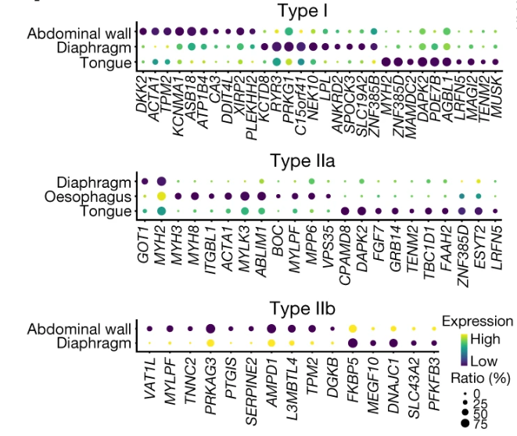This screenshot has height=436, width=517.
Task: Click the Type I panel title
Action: pos(303,10)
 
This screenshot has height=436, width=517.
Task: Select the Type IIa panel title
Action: pos(303,161)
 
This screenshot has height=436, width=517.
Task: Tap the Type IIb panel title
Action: pos(303,309)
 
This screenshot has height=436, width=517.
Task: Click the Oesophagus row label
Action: pos(88,197)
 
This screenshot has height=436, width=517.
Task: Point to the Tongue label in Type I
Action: pos(106,63)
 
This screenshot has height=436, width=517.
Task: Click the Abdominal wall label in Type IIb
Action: pos(79,329)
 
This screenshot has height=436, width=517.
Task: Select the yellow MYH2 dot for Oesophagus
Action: pos(161,196)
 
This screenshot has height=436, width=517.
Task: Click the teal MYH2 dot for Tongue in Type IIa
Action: pos(161,211)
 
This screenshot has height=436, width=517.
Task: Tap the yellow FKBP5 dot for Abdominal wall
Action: pos(353,329)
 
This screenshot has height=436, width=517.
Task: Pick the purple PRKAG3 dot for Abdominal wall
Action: pos(210,329)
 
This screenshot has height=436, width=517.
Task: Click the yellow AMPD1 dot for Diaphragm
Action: pos(271,344)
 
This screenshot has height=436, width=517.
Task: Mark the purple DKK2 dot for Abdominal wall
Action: pos(143,31)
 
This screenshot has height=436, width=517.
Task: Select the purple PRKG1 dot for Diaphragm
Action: pos(289,46)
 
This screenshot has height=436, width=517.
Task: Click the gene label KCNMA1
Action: pos(178,106)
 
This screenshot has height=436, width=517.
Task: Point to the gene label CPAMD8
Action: pos(345,255)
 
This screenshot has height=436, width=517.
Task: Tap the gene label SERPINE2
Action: pos(251,391)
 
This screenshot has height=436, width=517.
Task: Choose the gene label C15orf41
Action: pos(300,106)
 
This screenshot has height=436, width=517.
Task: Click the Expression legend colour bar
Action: pos(464,350)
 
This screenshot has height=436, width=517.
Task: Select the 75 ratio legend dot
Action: pos(465,423)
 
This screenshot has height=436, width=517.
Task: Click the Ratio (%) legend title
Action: pos(480,378)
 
